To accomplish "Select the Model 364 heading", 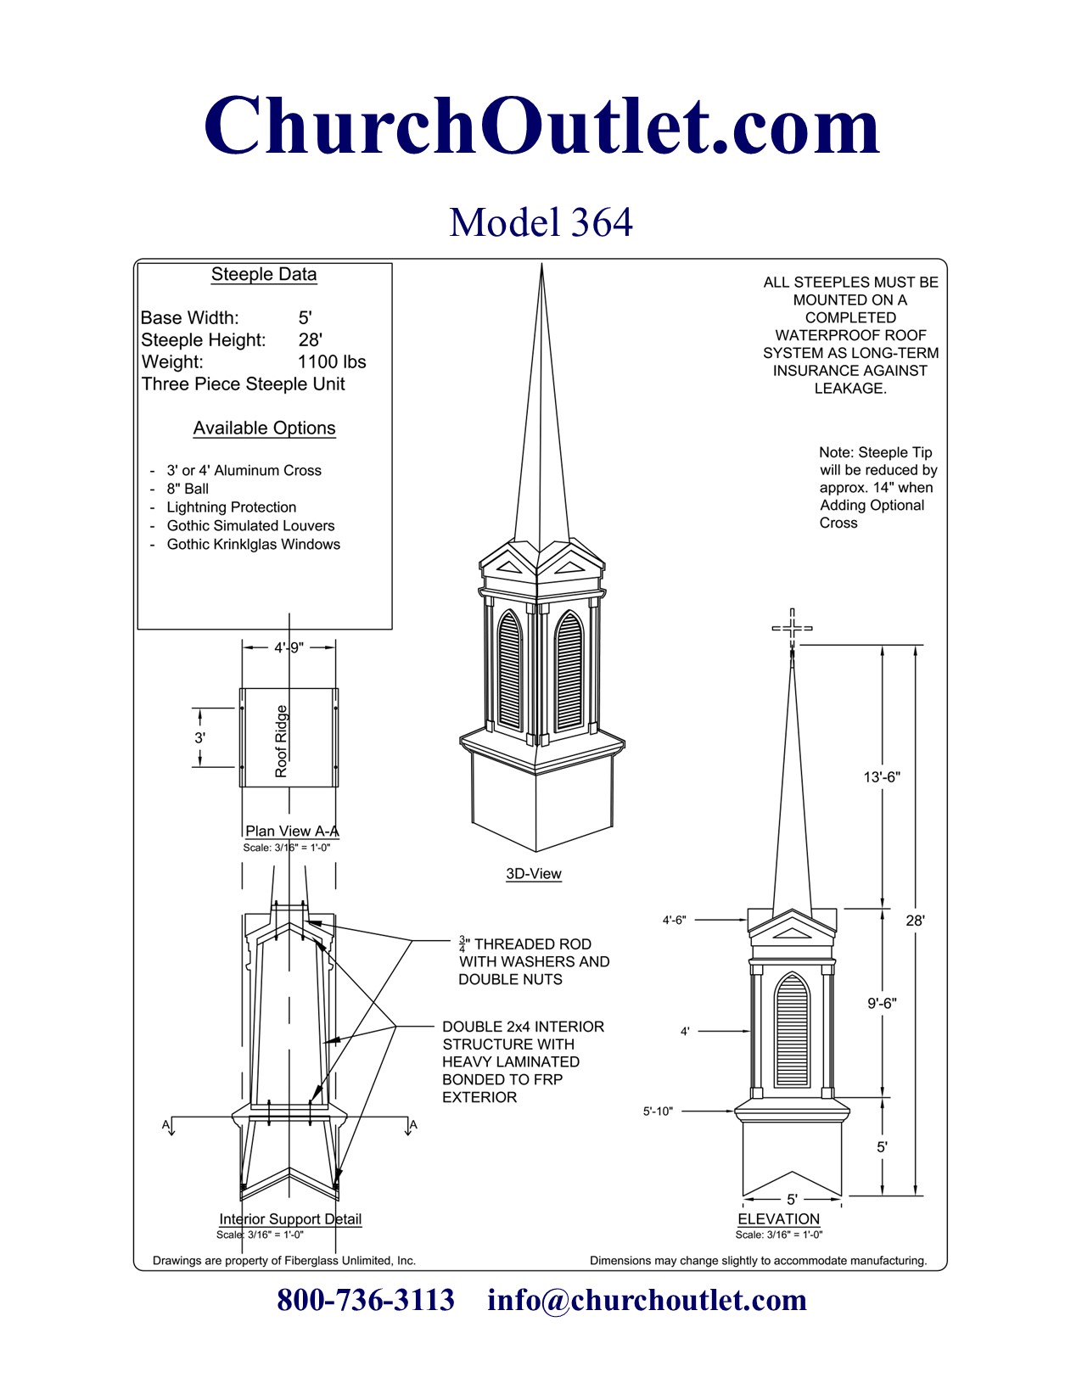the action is click(x=541, y=222).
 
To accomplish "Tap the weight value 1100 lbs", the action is click(x=331, y=361).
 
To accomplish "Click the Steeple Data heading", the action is click(x=264, y=274).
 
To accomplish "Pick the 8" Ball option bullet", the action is click(x=188, y=489).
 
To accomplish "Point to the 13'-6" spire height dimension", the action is click(x=882, y=776).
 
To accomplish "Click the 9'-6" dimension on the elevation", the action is click(x=882, y=1003).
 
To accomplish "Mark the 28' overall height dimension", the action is click(x=915, y=920).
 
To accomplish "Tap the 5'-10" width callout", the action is click(x=658, y=1111).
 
